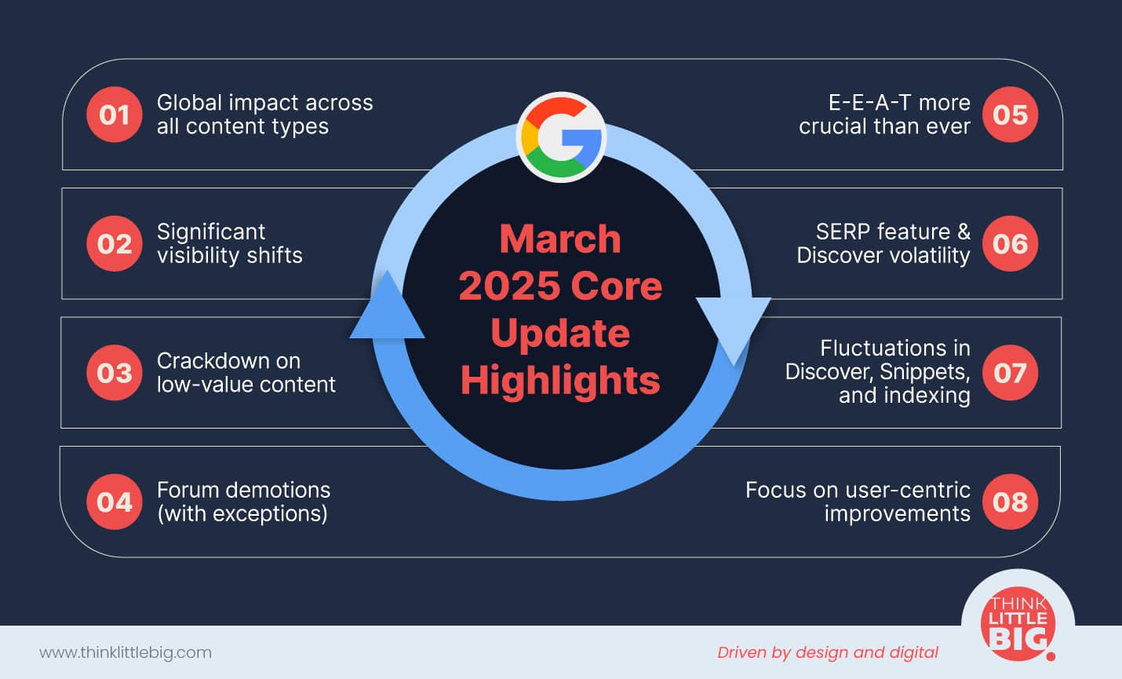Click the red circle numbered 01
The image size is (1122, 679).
(x=115, y=115)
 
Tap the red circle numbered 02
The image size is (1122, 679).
(x=115, y=244)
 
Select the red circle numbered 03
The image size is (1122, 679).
(x=115, y=373)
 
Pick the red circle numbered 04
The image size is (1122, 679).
(x=115, y=502)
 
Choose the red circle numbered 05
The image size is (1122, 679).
(x=1010, y=115)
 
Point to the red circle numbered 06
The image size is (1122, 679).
(x=1010, y=244)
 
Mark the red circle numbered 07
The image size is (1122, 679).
(x=1010, y=373)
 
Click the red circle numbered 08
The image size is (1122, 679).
(x=1010, y=502)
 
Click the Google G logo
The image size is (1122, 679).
(x=562, y=137)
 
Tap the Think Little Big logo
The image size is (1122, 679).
(x=1018, y=624)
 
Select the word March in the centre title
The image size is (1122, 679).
(x=560, y=239)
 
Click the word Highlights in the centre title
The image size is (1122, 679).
(x=560, y=381)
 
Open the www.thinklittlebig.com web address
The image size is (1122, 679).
(x=126, y=653)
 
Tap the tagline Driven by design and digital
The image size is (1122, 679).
(x=828, y=653)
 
